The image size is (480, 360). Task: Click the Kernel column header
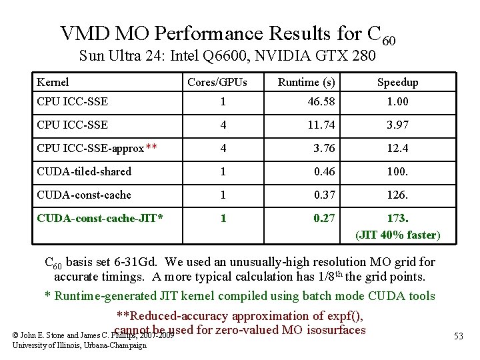53,82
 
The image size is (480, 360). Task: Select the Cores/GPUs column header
217,82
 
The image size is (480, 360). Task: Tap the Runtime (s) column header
306,82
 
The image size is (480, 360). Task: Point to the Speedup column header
397,82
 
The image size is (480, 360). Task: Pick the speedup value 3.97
397,125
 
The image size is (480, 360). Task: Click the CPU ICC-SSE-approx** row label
97,148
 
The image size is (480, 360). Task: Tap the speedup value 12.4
397,148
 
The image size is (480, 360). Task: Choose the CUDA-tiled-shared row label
84,171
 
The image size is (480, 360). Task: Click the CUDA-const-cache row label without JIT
84,195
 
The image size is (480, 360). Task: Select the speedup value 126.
397,195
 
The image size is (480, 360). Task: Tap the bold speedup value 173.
397,218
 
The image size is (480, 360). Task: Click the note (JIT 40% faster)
397,235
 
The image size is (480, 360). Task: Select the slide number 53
459,335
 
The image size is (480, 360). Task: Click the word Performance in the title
209,33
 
